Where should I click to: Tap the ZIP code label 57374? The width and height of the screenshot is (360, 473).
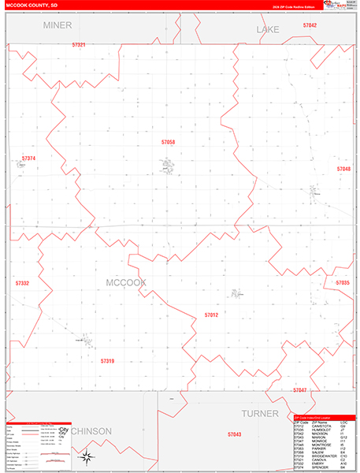[29, 158]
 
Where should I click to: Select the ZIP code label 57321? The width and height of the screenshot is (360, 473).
[77, 45]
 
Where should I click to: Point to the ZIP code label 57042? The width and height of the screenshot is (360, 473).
[310, 25]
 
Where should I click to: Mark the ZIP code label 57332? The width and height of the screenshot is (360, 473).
[22, 282]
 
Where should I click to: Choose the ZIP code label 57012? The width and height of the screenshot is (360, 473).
[211, 315]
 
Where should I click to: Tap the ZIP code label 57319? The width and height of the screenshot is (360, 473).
[107, 360]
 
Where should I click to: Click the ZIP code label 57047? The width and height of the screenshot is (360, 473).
[299, 390]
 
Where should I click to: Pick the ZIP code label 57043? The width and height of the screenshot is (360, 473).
[234, 434]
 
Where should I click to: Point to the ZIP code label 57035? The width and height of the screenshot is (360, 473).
[342, 282]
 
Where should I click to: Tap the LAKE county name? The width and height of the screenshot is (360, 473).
[268, 29]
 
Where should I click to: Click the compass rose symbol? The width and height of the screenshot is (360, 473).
[89, 457]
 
